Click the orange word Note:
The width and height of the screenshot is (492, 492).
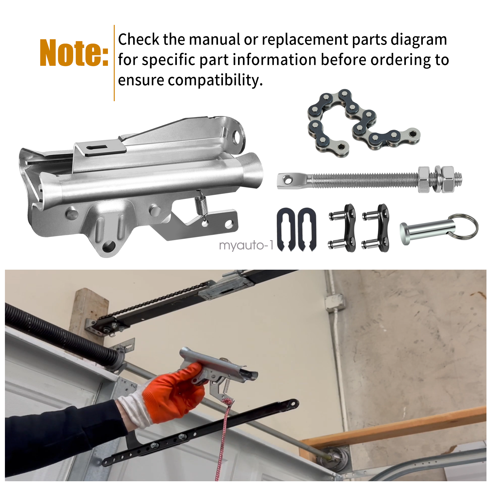pyautogui.click(x=74, y=53)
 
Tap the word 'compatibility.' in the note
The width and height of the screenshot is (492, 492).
pyautogui.click(x=216, y=80)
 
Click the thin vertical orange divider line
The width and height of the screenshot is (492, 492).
pyautogui.click(x=114, y=63)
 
